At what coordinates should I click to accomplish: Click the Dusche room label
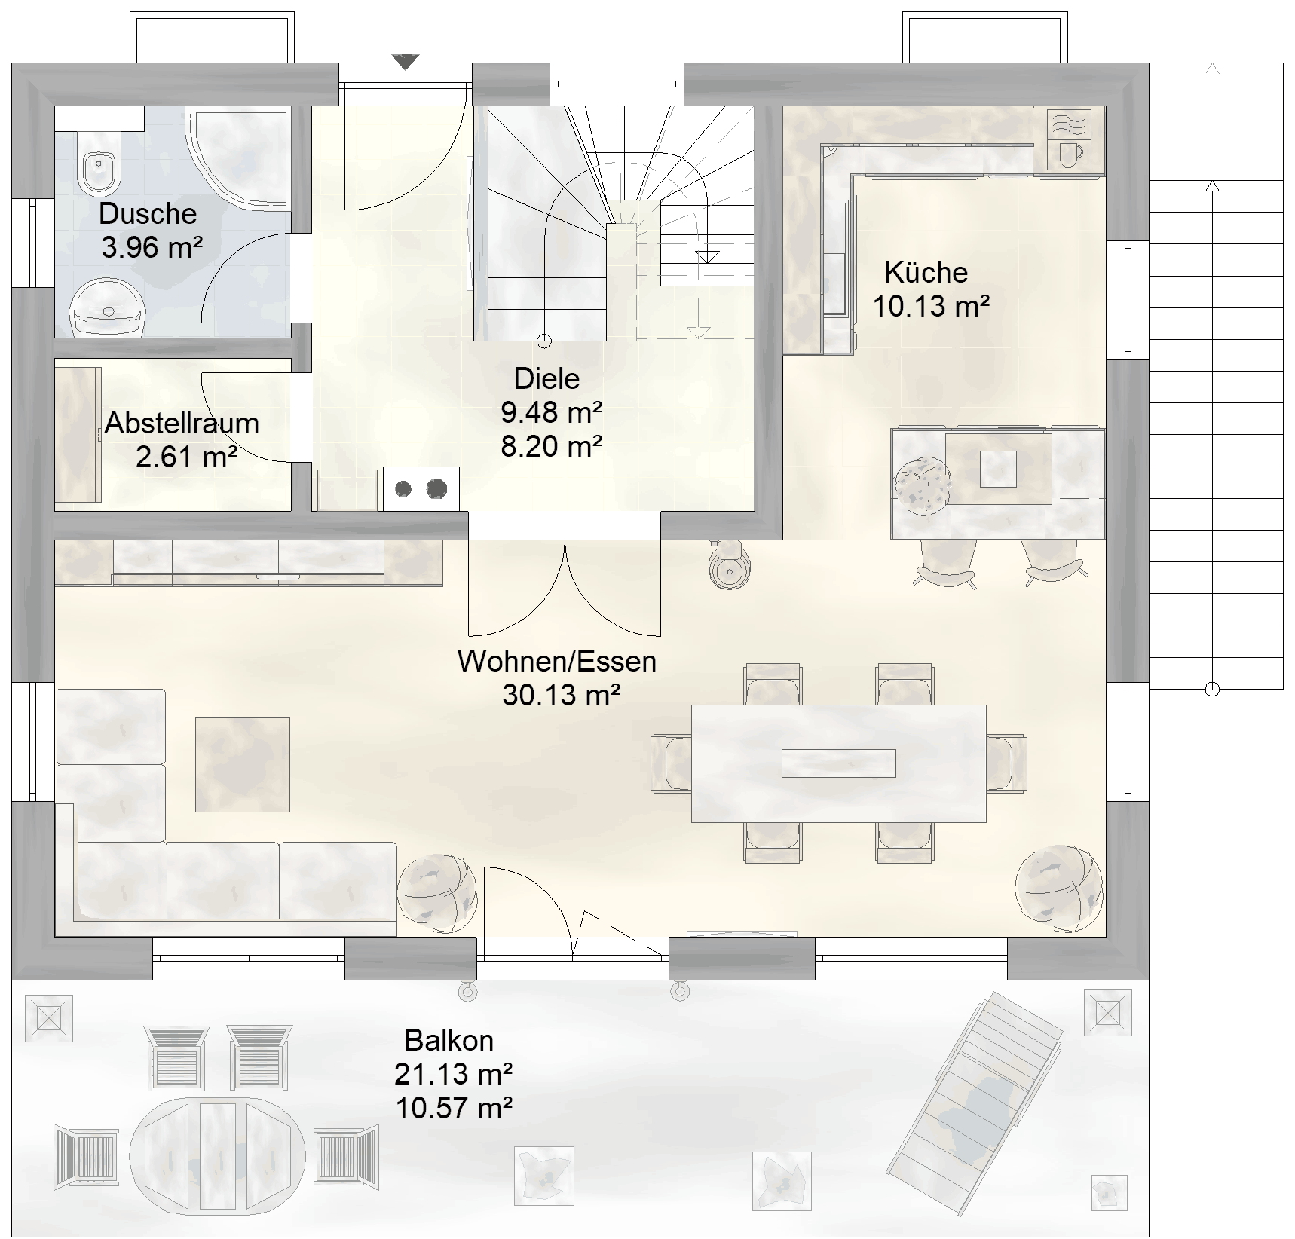coord(148,214)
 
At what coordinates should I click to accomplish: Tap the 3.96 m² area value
coord(152,247)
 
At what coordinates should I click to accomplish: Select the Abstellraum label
coord(182,424)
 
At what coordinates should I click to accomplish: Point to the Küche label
coord(926,272)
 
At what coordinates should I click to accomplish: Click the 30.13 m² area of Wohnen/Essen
coord(562,694)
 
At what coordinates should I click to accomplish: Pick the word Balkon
coord(449,1041)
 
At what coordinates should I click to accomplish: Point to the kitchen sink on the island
coord(998,469)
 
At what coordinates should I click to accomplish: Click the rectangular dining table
coord(839,763)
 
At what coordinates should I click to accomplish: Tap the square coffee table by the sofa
coord(243,765)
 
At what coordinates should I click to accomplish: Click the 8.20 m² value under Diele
coord(552,446)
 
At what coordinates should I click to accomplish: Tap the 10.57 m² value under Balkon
coord(454,1108)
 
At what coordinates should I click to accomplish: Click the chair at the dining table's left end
coord(671,763)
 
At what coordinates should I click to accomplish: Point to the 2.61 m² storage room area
coord(187,457)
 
